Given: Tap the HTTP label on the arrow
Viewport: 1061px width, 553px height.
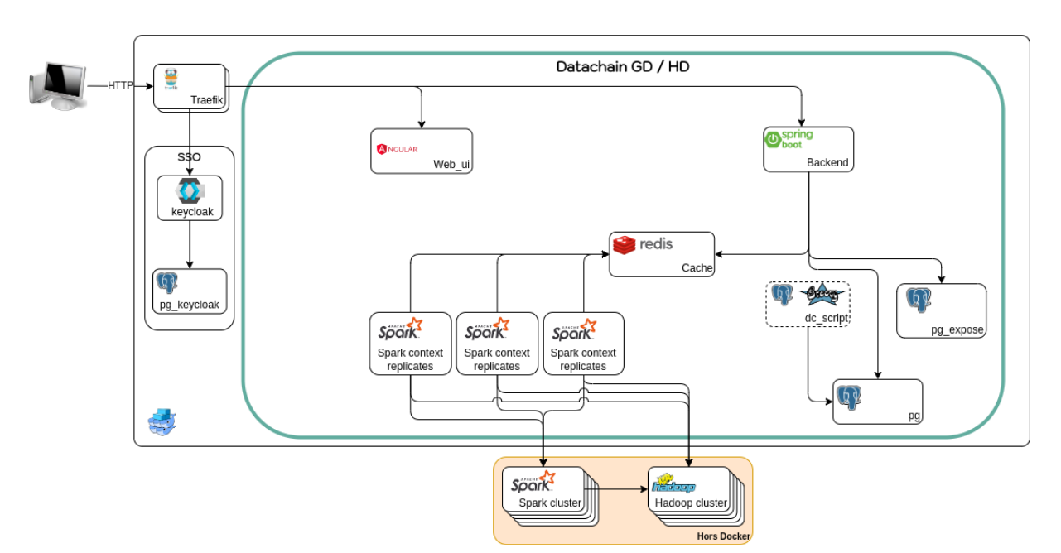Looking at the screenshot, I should click(x=120, y=85).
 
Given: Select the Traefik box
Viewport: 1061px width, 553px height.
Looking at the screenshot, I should click(x=190, y=86).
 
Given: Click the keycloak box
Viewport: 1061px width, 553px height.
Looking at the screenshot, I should click(x=190, y=198).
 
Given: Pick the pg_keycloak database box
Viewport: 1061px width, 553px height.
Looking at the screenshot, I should click(x=190, y=291).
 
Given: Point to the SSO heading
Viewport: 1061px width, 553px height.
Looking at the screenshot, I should click(x=189, y=156).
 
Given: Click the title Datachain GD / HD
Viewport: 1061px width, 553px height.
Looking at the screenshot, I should click(x=623, y=66).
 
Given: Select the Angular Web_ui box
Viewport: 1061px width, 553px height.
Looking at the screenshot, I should click(x=421, y=151).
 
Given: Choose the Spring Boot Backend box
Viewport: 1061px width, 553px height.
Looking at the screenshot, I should click(x=808, y=149).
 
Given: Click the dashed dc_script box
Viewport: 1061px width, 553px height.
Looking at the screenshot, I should click(x=808, y=304).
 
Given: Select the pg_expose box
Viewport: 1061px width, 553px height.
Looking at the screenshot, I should click(x=941, y=310).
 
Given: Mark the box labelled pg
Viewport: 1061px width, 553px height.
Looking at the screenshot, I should click(x=876, y=402).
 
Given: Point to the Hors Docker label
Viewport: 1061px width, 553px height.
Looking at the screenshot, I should click(x=723, y=536).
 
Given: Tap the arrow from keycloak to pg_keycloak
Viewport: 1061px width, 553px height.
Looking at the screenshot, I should click(x=190, y=244).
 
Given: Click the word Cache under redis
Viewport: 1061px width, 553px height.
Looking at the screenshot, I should click(x=697, y=267).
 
